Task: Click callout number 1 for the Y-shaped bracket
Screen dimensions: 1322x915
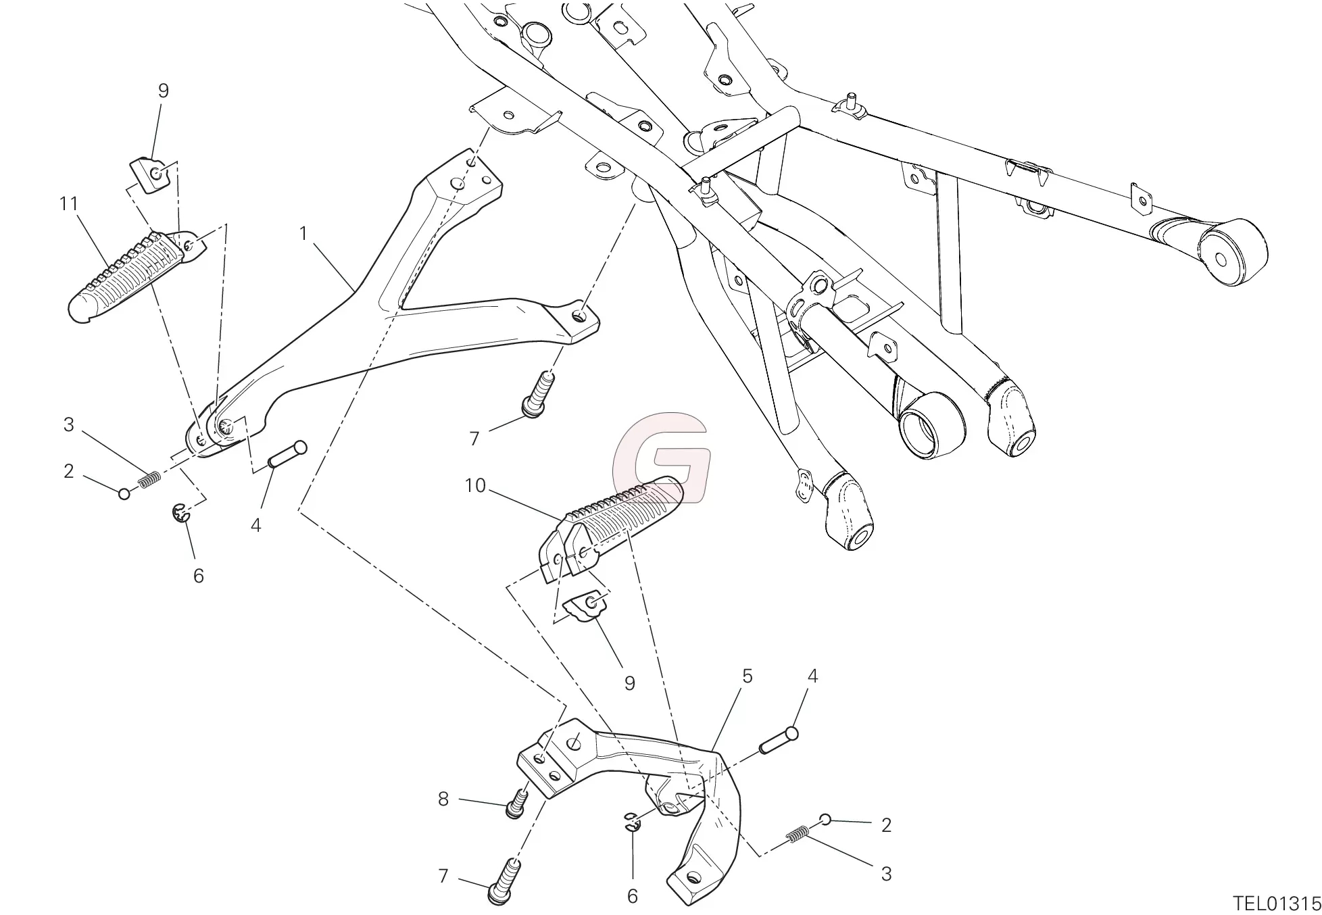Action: pos(303,234)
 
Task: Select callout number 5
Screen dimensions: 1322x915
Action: pos(747,676)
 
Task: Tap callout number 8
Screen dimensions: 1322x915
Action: pos(443,799)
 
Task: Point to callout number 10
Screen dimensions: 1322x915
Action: pos(475,486)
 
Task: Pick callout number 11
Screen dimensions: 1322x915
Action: pos(68,203)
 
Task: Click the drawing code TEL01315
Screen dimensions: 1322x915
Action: pos(1277,904)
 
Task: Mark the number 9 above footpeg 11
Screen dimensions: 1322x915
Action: pos(164,91)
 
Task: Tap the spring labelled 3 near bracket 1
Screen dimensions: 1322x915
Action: pos(149,480)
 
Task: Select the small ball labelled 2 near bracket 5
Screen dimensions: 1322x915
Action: pos(825,820)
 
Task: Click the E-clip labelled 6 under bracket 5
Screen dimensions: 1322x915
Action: pos(630,820)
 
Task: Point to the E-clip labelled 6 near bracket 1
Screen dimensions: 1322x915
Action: pos(180,513)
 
